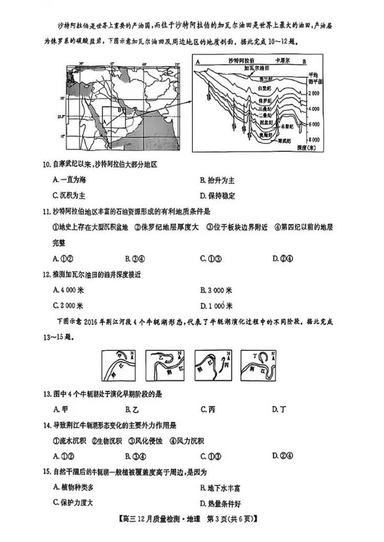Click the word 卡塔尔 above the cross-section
click(x=282, y=61)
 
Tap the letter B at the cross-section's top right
click(x=304, y=61)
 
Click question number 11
click(x=46, y=211)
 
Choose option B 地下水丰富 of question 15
click(x=220, y=488)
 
